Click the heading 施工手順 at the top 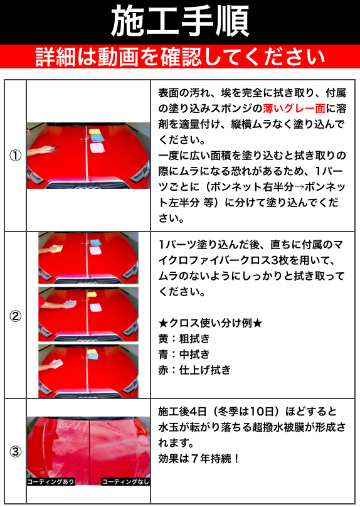(x=180, y=22)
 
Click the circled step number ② (x=15, y=316)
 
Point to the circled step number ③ (x=15, y=451)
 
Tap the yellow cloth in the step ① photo (x=95, y=133)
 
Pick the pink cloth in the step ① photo (x=97, y=148)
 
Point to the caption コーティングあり (x=51, y=482)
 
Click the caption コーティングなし (x=125, y=482)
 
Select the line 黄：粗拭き (x=184, y=339)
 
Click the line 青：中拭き (x=184, y=355)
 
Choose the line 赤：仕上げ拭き (x=194, y=370)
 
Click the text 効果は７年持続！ (x=199, y=459)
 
